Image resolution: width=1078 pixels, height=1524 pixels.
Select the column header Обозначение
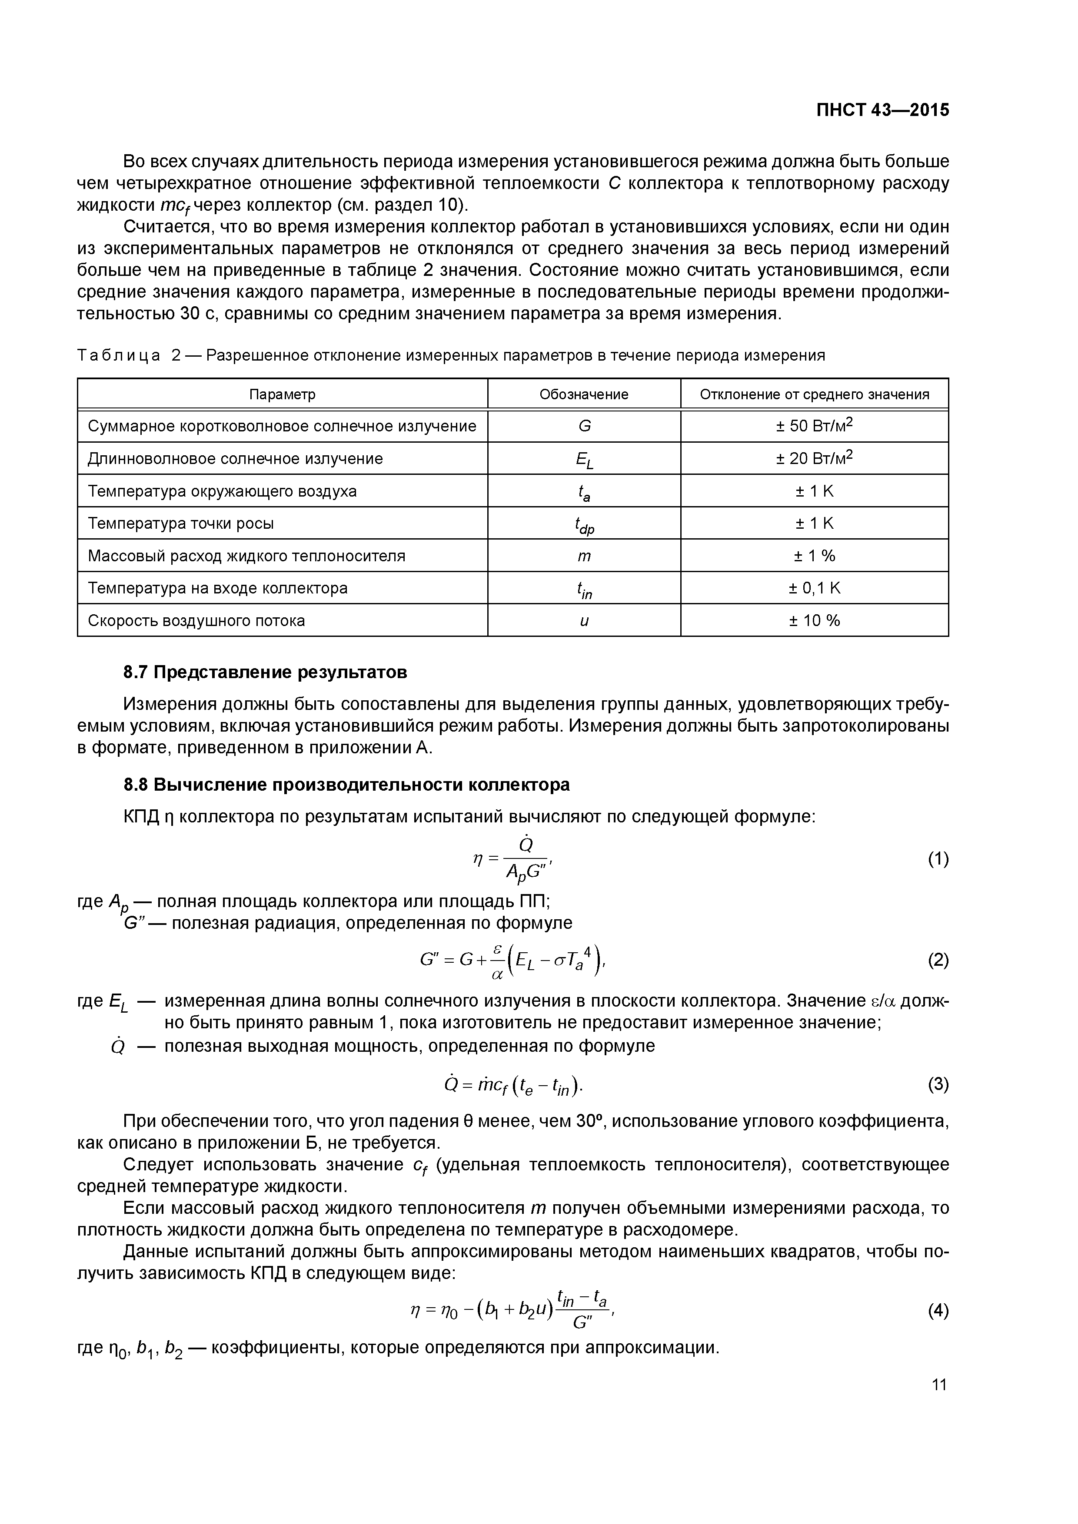point(584,394)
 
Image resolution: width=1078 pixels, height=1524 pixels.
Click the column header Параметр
point(282,394)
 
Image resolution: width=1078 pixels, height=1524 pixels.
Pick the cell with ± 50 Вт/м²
point(814,425)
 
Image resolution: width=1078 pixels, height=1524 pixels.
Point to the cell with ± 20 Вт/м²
point(814,458)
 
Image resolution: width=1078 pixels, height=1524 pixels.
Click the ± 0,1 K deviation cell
point(814,588)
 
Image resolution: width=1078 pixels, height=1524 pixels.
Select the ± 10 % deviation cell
point(814,621)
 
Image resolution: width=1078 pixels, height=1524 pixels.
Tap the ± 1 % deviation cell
point(814,556)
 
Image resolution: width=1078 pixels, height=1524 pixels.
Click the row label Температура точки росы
point(181,523)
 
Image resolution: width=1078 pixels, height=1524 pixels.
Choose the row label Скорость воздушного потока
point(196,621)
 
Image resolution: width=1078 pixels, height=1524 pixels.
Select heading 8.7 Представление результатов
point(265,673)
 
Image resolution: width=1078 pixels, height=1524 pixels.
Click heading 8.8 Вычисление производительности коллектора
point(347,785)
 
